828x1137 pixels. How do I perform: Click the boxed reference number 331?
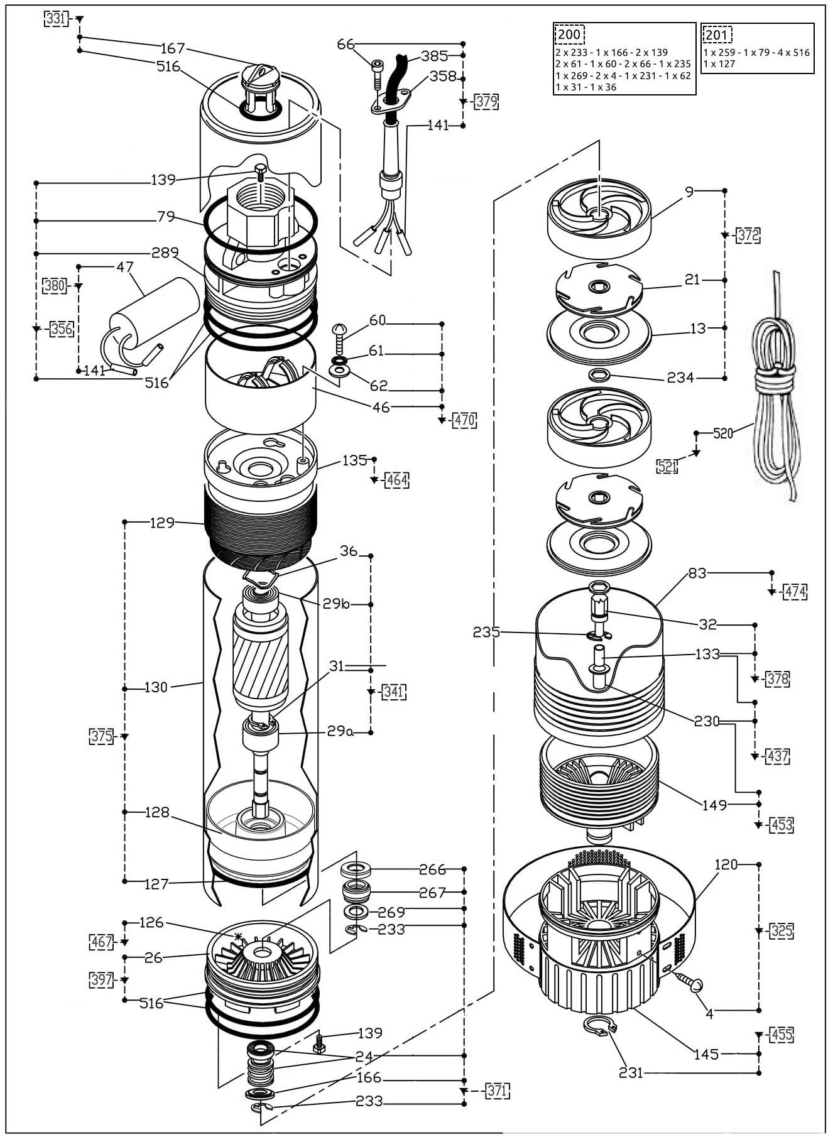(55, 19)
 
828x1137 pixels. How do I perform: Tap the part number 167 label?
(173, 48)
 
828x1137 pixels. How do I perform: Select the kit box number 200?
(569, 35)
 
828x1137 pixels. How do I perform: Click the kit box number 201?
(717, 35)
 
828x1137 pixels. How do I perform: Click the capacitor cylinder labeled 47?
(154, 322)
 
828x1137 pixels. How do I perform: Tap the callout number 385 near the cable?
(434, 56)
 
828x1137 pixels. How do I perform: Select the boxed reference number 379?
(486, 101)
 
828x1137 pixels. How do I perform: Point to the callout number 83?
(697, 573)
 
